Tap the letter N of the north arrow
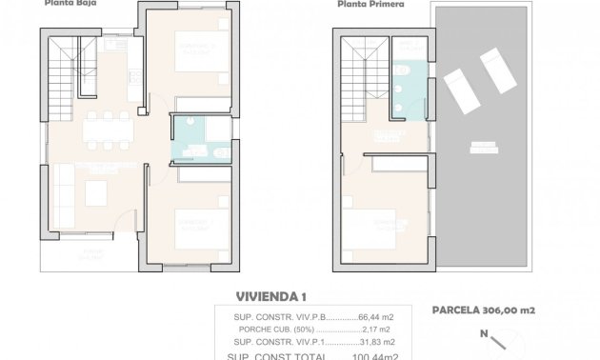(483, 333)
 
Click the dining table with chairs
(107, 128)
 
